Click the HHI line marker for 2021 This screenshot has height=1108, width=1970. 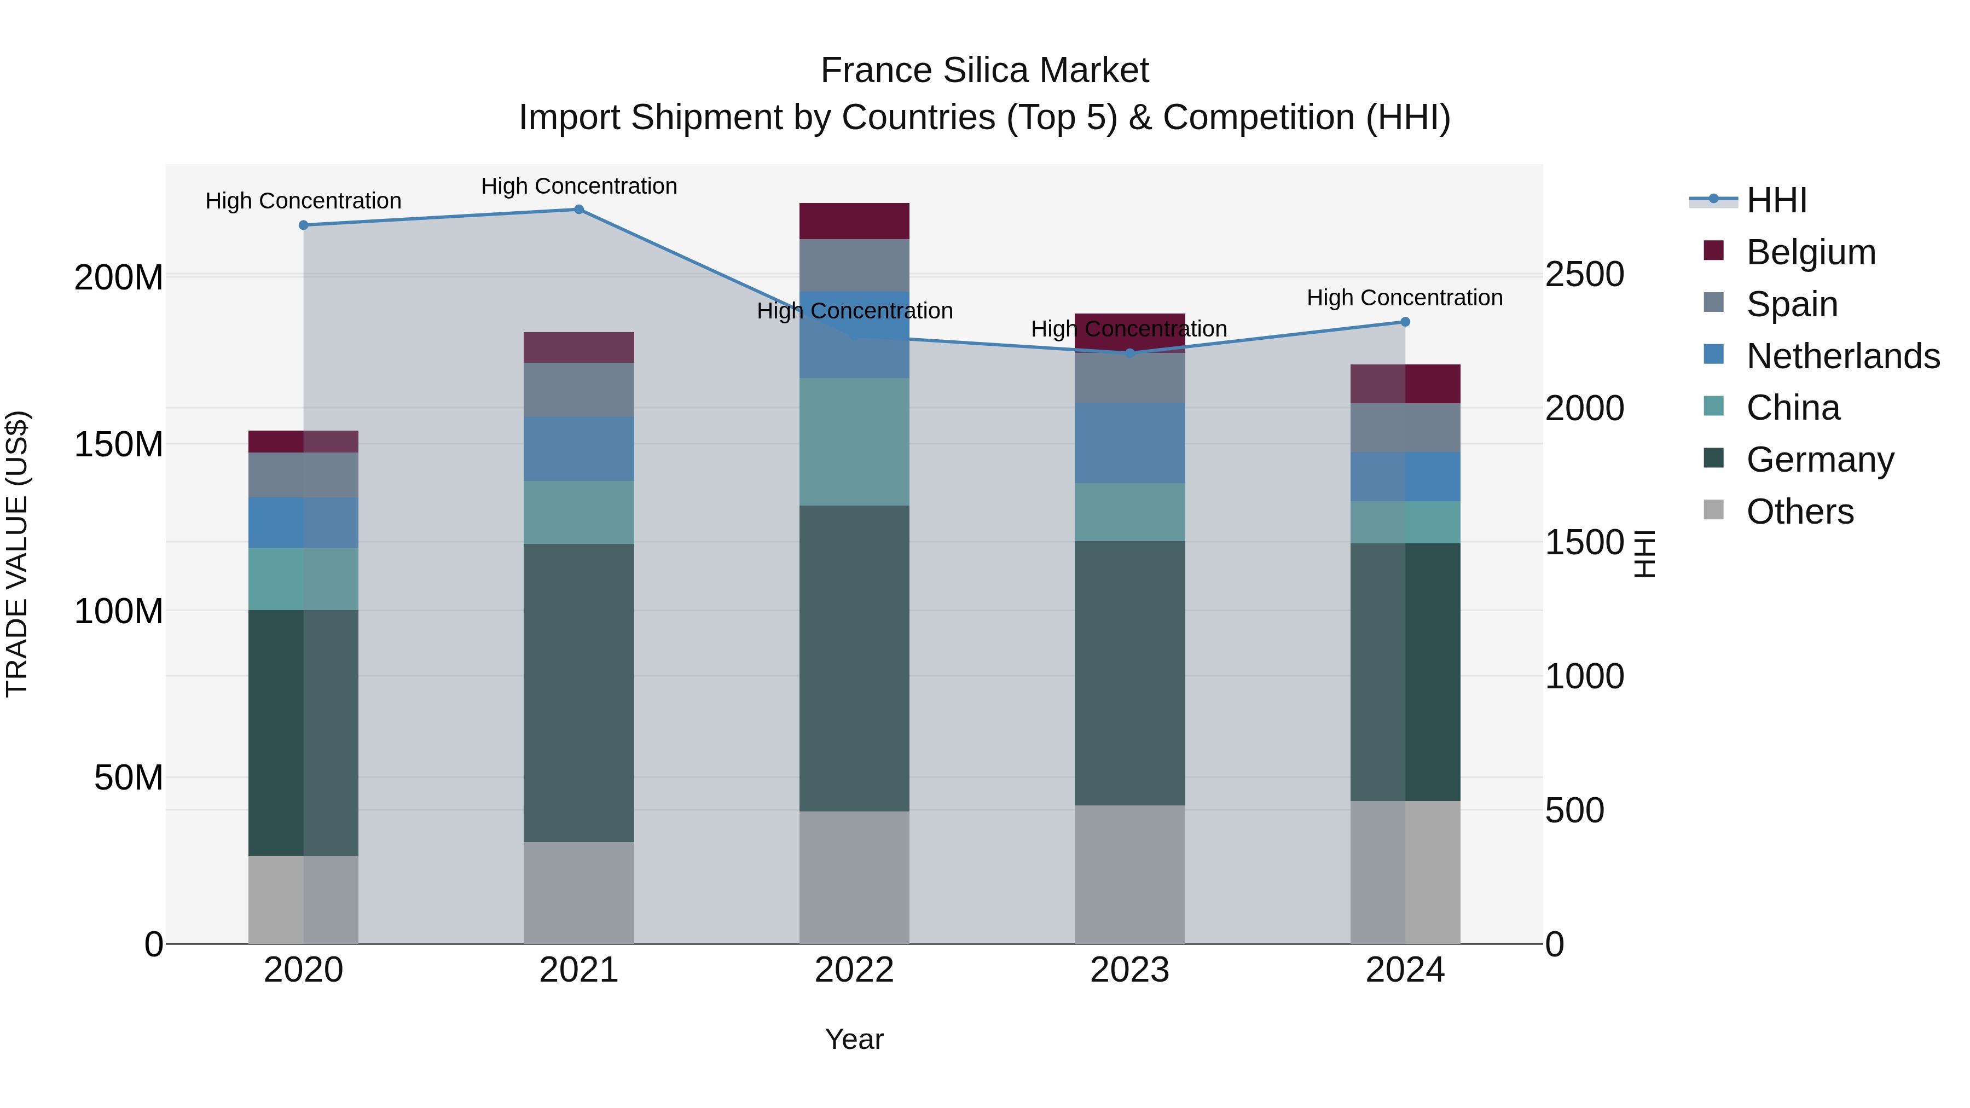tap(579, 210)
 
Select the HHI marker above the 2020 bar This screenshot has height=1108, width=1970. tap(304, 225)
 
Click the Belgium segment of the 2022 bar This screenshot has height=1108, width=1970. tap(854, 221)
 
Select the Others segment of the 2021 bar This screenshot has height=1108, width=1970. tap(579, 892)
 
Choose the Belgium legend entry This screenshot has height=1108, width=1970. tap(1811, 252)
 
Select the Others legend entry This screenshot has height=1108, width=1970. tap(1799, 512)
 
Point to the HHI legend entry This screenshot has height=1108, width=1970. tap(1776, 200)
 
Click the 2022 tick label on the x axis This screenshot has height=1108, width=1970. tap(854, 970)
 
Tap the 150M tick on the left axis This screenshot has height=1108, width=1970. tap(119, 444)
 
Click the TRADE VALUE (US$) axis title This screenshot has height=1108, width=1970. tap(18, 554)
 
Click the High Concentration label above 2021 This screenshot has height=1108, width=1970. tap(579, 186)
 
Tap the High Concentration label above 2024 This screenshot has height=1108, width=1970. tap(1405, 298)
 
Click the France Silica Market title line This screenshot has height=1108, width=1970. tap(984, 71)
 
